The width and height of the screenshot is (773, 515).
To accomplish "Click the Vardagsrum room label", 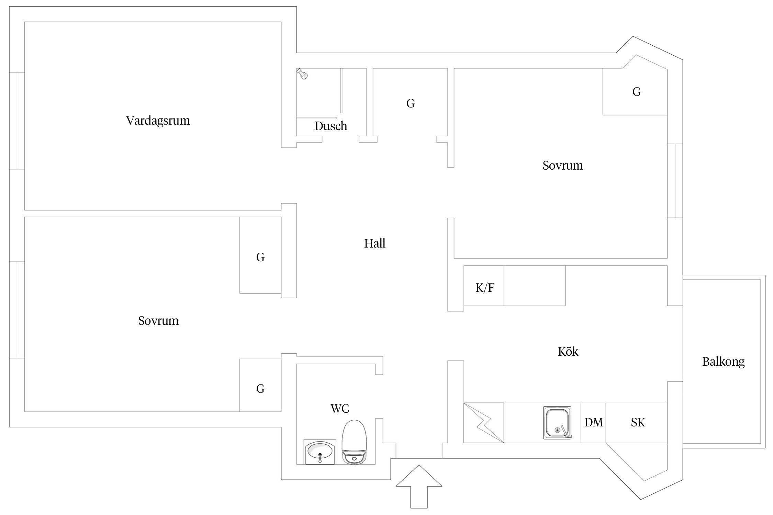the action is (x=158, y=121).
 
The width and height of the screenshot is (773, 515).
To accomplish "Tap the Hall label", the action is (x=375, y=243).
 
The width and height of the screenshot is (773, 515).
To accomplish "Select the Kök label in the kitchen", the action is (x=568, y=351).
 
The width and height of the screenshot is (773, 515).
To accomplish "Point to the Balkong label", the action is (x=723, y=362).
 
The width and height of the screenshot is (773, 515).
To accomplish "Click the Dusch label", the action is (x=331, y=126).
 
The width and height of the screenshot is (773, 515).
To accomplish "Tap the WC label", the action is (x=340, y=409).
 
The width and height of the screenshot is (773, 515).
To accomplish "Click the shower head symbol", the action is (x=302, y=73).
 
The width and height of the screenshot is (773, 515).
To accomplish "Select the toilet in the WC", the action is (x=355, y=442).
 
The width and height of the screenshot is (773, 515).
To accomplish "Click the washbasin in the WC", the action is (x=320, y=452).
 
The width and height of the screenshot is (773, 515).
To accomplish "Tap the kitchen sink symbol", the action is (x=557, y=423).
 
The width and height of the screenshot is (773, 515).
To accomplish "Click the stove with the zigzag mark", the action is (x=484, y=423).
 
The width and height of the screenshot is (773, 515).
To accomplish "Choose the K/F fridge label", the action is (x=485, y=288).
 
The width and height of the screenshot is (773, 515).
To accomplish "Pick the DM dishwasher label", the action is (x=594, y=422).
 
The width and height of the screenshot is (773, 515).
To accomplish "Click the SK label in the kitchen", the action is (x=638, y=422).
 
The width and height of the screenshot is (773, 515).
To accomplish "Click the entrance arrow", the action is (x=419, y=487).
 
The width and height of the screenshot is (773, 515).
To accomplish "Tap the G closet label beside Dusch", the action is (x=411, y=103).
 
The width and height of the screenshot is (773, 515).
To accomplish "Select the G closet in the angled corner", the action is (x=637, y=92).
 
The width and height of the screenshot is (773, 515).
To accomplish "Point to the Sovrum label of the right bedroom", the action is (x=563, y=165).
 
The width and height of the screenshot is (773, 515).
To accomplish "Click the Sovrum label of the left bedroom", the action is (x=158, y=321).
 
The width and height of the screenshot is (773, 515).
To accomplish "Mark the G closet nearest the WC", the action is (x=260, y=389).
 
